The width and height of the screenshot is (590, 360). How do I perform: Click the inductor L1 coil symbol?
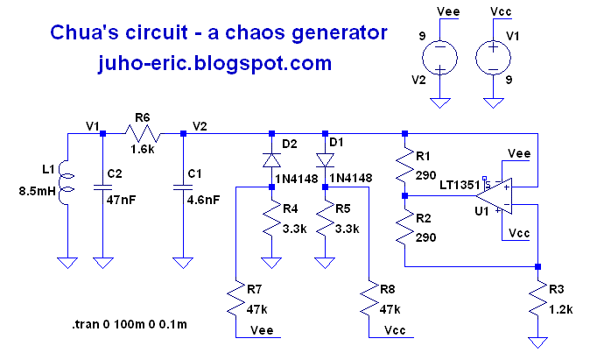[x=67, y=187]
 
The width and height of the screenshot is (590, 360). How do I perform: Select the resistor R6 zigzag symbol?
[x=142, y=134]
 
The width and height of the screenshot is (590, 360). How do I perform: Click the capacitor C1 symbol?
[x=182, y=187]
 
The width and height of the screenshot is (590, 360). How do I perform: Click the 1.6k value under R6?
[x=144, y=150]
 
